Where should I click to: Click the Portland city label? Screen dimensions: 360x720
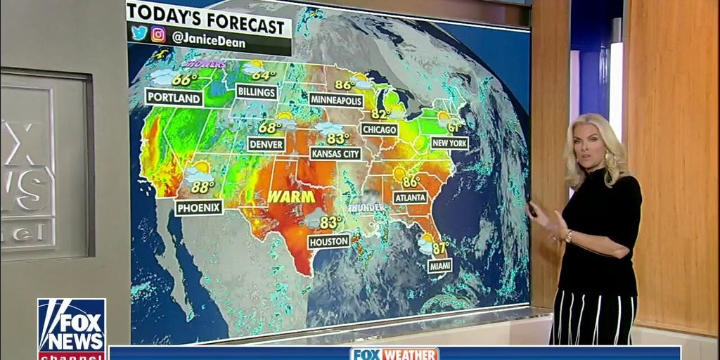(174, 98)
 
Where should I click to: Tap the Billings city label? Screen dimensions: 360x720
(257, 91)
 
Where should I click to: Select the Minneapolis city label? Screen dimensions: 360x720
(336, 101)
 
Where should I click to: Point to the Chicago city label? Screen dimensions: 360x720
(380, 129)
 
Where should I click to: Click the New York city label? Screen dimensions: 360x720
(449, 143)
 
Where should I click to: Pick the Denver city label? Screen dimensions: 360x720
(266, 144)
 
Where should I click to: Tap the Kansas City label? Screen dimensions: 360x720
(335, 153)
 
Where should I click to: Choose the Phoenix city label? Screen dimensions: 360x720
(198, 207)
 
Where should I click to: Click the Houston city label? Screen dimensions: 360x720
(328, 241)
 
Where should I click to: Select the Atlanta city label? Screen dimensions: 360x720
(410, 198)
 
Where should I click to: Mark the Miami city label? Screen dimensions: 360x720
(440, 266)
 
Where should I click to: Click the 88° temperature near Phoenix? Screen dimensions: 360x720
(202, 187)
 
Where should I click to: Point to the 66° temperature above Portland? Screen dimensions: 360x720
(185, 79)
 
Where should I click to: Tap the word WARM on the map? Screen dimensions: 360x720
(290, 196)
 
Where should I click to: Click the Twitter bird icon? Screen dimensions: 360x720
(138, 33)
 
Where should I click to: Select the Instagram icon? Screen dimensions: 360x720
(158, 34)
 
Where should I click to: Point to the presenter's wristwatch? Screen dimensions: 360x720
(568, 237)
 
